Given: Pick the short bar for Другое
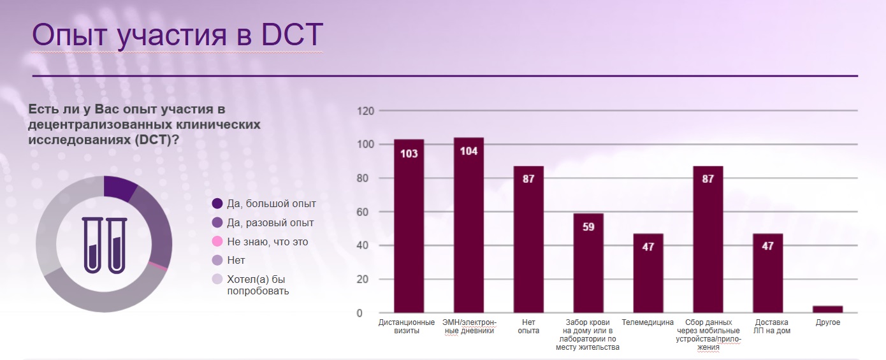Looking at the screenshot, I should tap(828, 309).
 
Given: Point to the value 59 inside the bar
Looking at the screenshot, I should tap(588, 227).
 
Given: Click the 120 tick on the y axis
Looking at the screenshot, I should tap(365, 111).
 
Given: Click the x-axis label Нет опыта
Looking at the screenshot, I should tap(528, 326).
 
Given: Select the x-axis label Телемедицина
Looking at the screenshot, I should tap(648, 322).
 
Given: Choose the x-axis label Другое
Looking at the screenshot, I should tap(828, 322).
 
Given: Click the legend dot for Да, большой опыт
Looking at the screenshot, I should tap(217, 204).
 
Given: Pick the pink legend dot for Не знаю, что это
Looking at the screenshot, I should tap(217, 241).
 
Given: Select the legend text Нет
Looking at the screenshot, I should tap(236, 261).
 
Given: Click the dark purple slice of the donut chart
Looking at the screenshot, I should tap(120, 188).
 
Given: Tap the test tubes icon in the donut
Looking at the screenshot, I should tap(104, 245).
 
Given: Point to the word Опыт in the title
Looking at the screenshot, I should tap(68, 35).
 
